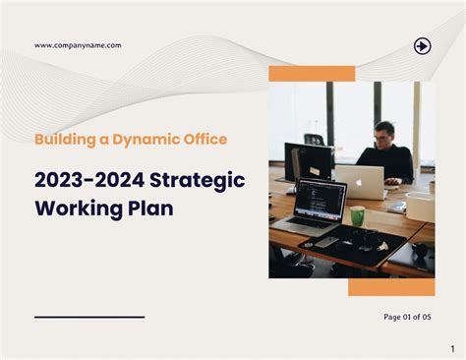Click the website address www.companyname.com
pos(78,45)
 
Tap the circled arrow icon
pos(422,45)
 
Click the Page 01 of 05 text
pos(407,317)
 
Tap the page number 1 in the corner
pos(452,348)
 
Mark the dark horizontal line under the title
pos(89,317)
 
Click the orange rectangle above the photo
pos(312,74)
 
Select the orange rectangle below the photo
pos(391,286)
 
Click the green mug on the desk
pos(357,215)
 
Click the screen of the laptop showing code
pos(320,198)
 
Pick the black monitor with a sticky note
pos(307,161)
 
